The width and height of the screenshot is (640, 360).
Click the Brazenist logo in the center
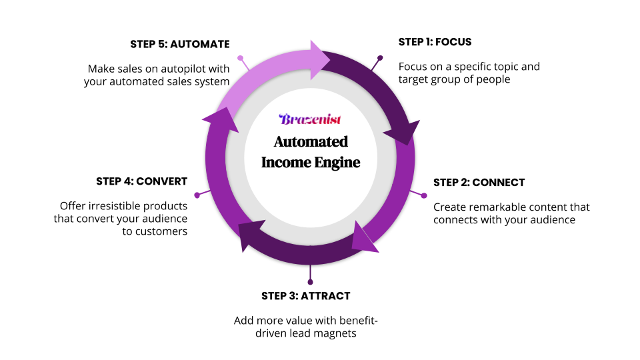point(310,120)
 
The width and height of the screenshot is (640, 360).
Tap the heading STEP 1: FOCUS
point(435,42)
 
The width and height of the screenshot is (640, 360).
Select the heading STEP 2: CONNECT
point(479,183)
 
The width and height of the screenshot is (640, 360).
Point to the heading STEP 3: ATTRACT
point(305,296)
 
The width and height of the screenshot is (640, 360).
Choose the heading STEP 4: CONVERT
point(141,181)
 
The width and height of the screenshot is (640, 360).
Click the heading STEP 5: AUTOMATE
point(180,45)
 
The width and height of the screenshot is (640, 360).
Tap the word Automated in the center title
point(310,141)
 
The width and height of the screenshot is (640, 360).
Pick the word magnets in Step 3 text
point(337,333)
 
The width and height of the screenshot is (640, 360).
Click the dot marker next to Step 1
point(380,58)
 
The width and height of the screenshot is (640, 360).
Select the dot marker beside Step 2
point(423,195)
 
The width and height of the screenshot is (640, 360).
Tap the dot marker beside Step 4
point(197,195)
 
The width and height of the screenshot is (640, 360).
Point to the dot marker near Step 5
point(241,59)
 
